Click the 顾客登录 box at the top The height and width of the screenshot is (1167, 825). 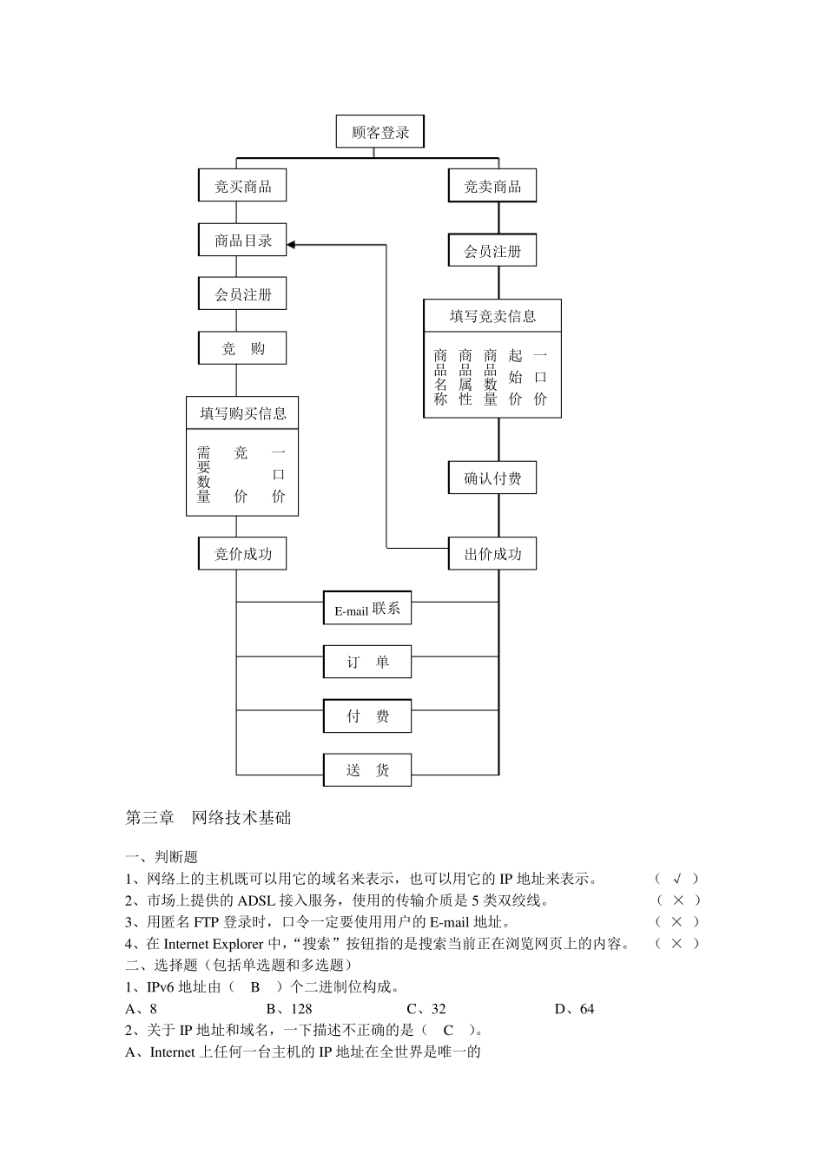379,132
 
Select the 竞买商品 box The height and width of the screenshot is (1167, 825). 242,186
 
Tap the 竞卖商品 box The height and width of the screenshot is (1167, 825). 492,186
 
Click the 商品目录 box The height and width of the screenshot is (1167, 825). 242,241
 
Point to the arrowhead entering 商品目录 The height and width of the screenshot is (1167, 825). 292,245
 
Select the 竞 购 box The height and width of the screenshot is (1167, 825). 242,348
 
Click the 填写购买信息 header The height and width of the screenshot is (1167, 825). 242,413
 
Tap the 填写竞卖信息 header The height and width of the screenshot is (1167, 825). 492,316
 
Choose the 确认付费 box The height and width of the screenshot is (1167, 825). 492,478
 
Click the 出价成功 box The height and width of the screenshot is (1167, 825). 492,553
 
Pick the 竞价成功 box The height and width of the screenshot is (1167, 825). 242,553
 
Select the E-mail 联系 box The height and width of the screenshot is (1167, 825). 366,609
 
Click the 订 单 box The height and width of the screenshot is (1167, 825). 366,662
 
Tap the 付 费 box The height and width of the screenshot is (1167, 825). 366,715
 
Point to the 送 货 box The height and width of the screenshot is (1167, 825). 366,769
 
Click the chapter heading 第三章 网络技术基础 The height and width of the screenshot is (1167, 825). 208,817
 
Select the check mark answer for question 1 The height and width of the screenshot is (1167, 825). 677,879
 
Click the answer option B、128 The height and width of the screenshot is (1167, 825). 289,1009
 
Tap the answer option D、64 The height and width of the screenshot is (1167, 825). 574,1009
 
